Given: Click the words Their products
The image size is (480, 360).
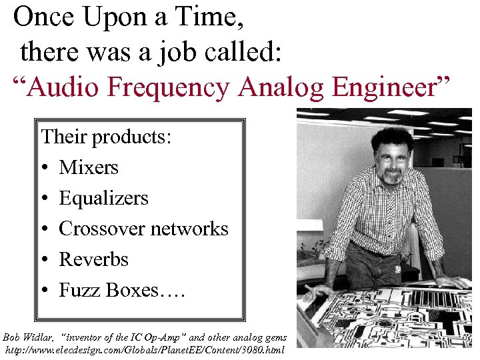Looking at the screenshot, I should (x=107, y=137).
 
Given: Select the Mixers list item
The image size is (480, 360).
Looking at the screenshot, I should (x=89, y=167).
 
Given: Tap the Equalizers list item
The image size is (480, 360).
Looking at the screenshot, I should (x=103, y=198).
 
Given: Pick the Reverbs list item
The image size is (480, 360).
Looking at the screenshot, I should (x=93, y=259).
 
